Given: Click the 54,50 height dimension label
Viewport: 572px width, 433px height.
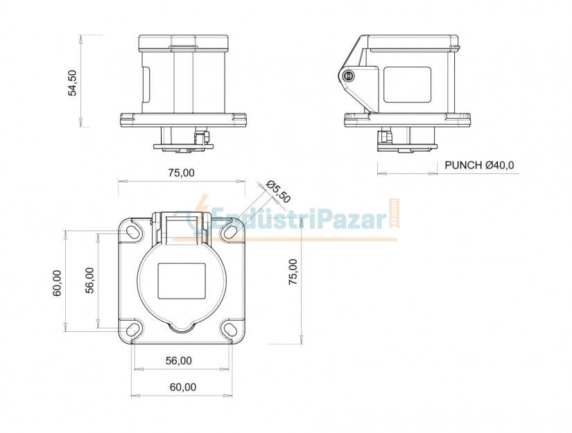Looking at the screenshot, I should click(72, 82).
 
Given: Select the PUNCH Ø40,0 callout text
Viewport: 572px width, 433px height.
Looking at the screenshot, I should click(479, 165).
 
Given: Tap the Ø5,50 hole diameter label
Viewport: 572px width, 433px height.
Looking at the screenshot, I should click(278, 193).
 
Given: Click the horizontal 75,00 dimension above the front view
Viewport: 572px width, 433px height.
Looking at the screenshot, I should click(181, 173).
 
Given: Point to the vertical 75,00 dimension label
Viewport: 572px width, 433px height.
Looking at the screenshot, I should click(293, 272).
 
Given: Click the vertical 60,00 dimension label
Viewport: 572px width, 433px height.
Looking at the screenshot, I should click(58, 283).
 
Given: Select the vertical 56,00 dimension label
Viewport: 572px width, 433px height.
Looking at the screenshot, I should click(90, 280).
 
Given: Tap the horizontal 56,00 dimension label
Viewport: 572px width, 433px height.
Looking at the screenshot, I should click(178, 360).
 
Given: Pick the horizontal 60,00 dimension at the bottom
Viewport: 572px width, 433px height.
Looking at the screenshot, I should click(182, 387).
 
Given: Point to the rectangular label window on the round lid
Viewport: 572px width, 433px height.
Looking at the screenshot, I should click(182, 280).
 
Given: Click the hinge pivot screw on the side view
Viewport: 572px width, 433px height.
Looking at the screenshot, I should click(349, 76).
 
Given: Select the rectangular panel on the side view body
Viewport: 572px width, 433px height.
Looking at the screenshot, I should click(407, 85).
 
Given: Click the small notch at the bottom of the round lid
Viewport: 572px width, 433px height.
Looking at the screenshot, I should click(182, 323).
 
